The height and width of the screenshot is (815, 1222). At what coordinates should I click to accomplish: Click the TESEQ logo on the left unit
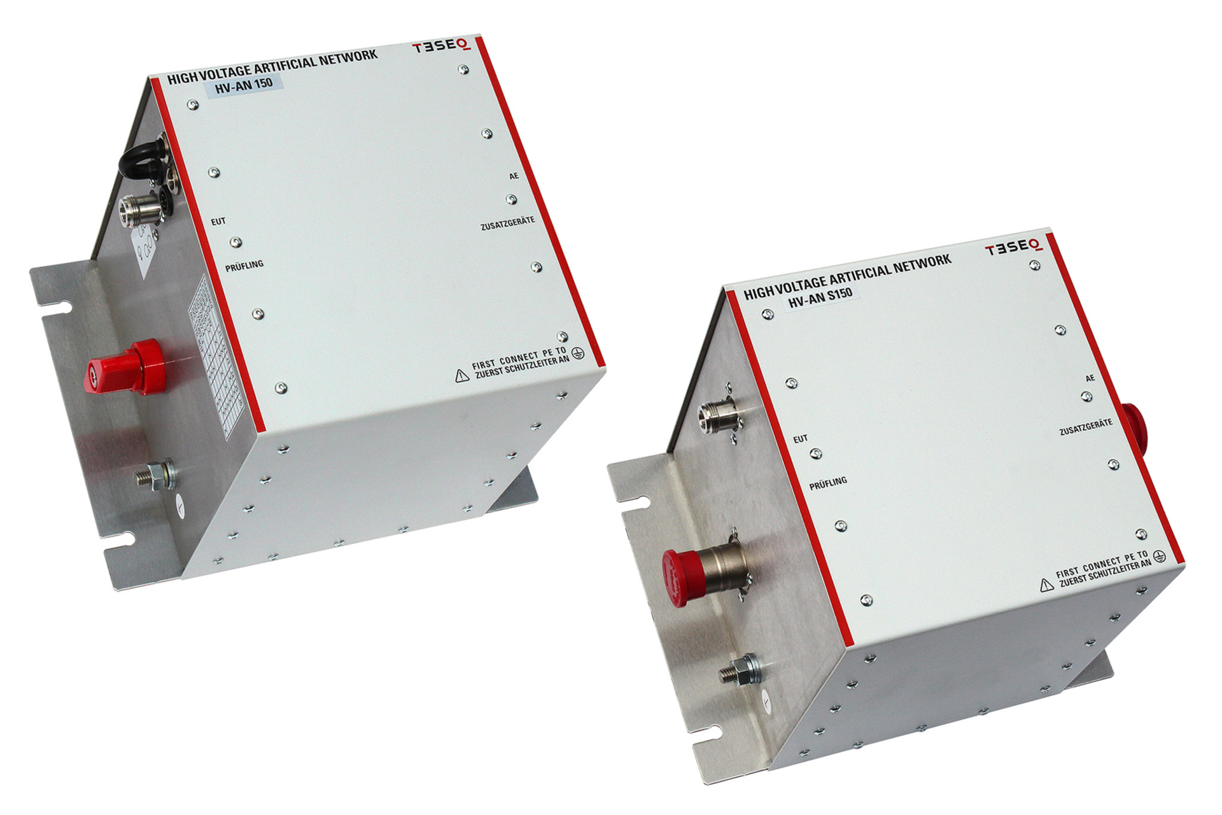pos(441,46)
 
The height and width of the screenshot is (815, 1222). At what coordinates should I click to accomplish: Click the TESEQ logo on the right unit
pos(1013,247)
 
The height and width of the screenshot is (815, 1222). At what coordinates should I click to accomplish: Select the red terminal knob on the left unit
pos(127,367)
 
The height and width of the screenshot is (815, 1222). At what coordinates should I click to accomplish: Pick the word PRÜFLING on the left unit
pos(244,266)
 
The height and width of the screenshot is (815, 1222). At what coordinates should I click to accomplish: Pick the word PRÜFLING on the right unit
pos(827,483)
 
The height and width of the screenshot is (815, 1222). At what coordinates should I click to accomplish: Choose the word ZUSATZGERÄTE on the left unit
pos(507,223)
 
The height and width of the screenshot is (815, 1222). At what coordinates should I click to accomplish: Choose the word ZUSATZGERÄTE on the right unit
pos(1085,427)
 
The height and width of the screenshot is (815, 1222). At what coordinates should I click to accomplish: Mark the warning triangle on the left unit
pos(462,376)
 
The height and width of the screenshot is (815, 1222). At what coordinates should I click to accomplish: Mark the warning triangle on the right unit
pos(1046,585)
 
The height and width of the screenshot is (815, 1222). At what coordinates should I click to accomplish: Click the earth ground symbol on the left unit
pos(577,353)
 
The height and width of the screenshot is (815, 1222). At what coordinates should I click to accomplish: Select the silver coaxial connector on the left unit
pos(140,208)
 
